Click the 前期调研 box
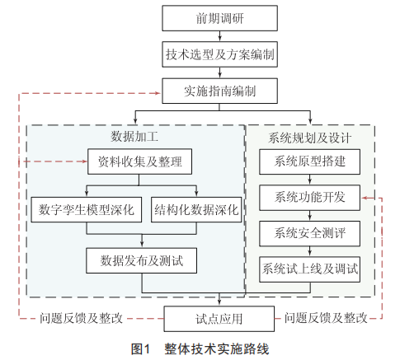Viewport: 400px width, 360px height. coord(219,18)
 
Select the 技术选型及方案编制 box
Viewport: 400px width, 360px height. coord(219,54)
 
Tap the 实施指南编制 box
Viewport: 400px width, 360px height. coord(219,91)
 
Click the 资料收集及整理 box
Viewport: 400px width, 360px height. coord(139,161)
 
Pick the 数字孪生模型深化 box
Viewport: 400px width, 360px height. coord(87,209)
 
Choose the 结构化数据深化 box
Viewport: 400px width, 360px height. coord(196,209)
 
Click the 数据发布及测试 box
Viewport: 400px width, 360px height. coord(141,260)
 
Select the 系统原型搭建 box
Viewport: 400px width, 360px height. coord(309,161)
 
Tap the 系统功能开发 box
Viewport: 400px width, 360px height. coord(309,198)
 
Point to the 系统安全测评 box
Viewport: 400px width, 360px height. coord(309,234)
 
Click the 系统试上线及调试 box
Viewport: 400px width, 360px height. coord(309,269)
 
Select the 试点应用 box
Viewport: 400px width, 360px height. coord(219,319)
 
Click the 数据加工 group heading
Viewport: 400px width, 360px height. coord(134,137)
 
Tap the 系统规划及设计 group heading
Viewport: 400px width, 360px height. coord(310,138)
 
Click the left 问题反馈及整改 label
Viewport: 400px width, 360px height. coord(81,318)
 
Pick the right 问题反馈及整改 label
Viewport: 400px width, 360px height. coord(326,318)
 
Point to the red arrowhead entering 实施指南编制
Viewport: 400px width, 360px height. coord(158,93)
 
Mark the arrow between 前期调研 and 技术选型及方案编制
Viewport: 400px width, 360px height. coord(219,36)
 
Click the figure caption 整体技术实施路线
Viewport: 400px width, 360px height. coord(217,349)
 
